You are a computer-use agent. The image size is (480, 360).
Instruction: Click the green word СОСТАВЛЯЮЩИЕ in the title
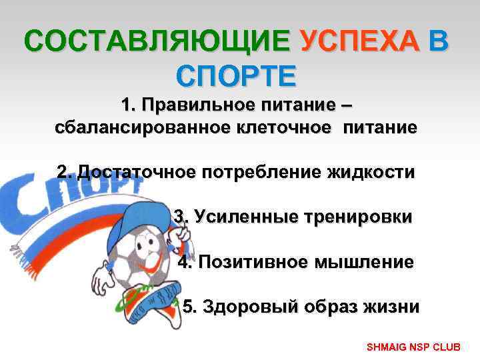tap(157, 43)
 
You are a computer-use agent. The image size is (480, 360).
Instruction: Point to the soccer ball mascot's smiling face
tap(143, 257)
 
